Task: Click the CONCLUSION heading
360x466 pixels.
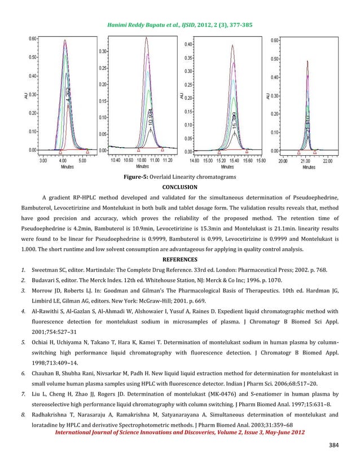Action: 179,187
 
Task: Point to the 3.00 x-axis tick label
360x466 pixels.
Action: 43,161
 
